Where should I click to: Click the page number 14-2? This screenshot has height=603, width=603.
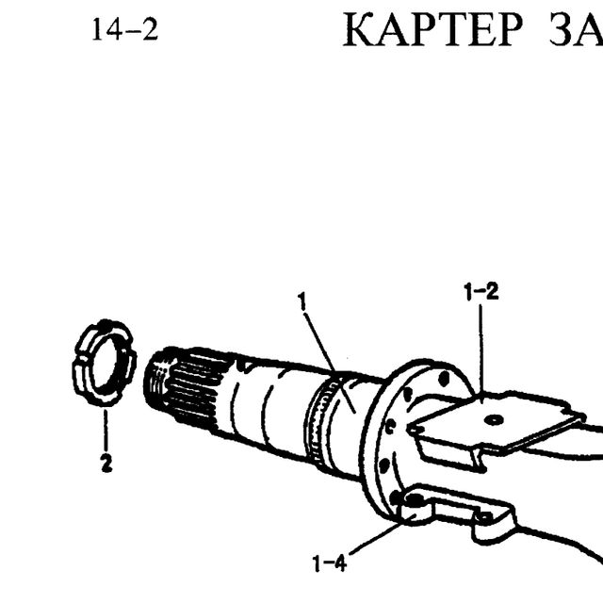pyautogui.click(x=125, y=30)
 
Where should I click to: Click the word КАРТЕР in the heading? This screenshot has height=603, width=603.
pyautogui.click(x=432, y=30)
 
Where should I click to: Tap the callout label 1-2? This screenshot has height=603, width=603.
pyautogui.click(x=481, y=291)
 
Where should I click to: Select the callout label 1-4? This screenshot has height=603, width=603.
pyautogui.click(x=330, y=563)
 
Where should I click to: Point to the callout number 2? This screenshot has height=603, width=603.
pyautogui.click(x=106, y=463)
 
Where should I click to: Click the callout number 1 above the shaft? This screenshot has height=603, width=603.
pyautogui.click(x=303, y=301)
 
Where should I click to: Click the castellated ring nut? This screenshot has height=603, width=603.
pyautogui.click(x=105, y=362)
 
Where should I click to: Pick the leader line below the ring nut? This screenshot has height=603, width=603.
pyautogui.click(x=106, y=430)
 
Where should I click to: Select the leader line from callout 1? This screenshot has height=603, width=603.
pyautogui.click(x=329, y=362)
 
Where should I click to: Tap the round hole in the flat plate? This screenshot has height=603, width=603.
pyautogui.click(x=494, y=419)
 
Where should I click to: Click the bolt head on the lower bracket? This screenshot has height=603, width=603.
pyautogui.click(x=415, y=500)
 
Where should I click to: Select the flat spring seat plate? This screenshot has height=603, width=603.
pyautogui.click(x=497, y=419)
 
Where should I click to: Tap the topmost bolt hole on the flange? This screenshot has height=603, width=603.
pyautogui.click(x=444, y=379)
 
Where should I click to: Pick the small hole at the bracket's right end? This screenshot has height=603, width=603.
pyautogui.click(x=484, y=516)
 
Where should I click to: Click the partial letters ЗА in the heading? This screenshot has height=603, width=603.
pyautogui.click(x=576, y=30)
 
